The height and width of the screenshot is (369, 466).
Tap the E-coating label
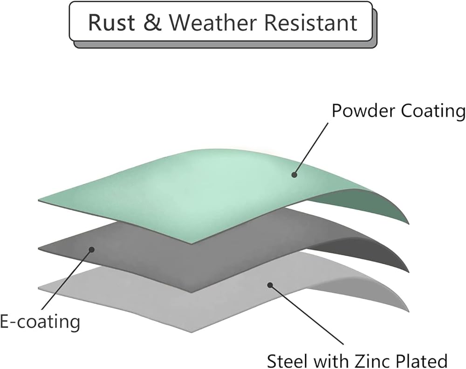(x=40, y=321)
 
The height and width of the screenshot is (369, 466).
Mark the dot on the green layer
(x=294, y=175)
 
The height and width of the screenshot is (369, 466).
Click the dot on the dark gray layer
(x=92, y=250)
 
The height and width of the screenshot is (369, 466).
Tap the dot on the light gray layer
(x=269, y=283)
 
